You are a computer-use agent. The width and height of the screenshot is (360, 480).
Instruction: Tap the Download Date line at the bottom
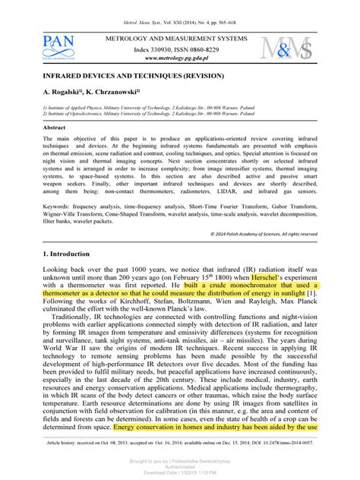click(179, 472)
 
